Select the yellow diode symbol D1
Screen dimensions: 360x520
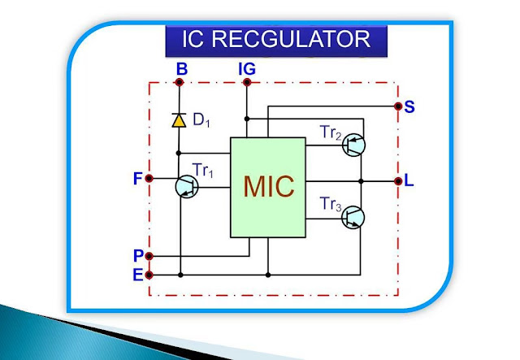coord(179,121)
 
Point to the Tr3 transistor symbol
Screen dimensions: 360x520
coord(353,217)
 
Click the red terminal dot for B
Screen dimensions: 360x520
coord(179,82)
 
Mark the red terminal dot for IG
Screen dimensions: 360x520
coord(247,82)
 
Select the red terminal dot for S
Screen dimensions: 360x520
coord(396,106)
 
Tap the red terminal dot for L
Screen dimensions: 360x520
coord(396,180)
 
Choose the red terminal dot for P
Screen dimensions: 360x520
coord(149,255)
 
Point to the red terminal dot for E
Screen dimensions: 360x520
coord(149,275)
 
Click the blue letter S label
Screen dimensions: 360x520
coord(409,106)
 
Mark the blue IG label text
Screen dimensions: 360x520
coord(247,69)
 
